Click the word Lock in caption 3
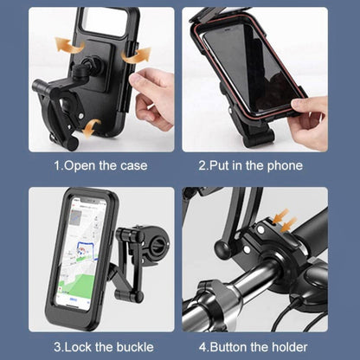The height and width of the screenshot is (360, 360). tap(74, 347)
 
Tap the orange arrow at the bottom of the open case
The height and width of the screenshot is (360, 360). tap(91, 127)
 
